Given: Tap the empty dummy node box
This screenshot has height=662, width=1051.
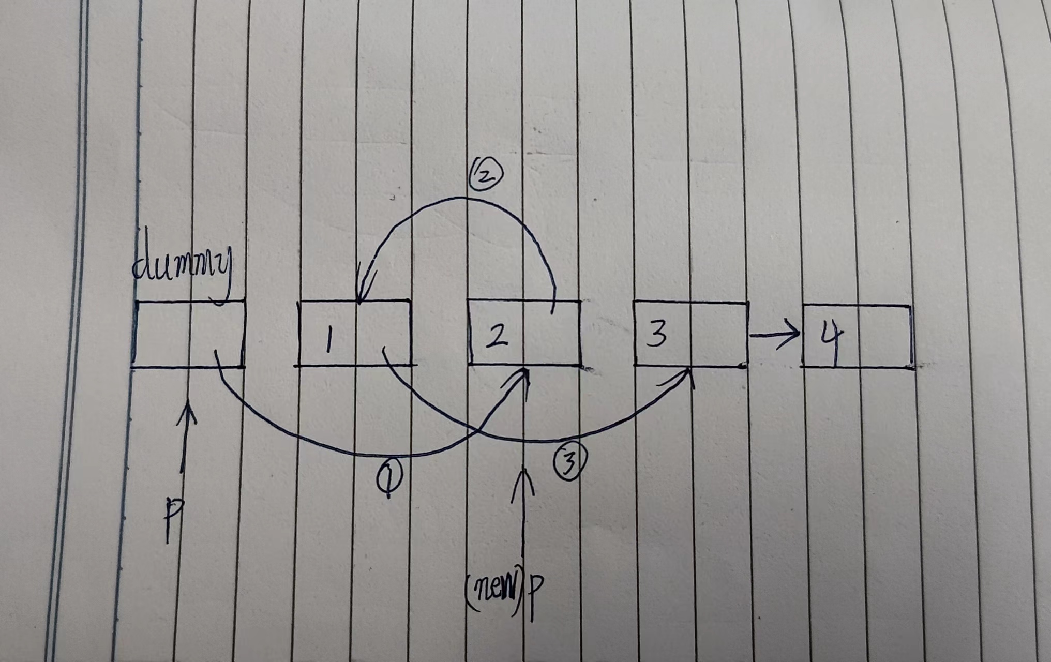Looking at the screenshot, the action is (x=188, y=334).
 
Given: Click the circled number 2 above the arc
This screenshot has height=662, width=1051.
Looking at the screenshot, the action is (x=485, y=175).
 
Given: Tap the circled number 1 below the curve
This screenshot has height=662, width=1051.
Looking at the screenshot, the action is (x=389, y=478).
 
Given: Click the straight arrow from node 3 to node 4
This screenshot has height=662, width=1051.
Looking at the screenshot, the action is (x=775, y=336).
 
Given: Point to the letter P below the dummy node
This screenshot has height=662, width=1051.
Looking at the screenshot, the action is (x=174, y=518).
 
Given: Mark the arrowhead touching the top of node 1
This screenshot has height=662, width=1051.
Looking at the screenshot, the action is (x=361, y=295).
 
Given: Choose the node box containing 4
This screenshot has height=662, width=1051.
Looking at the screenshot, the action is (x=857, y=337).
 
